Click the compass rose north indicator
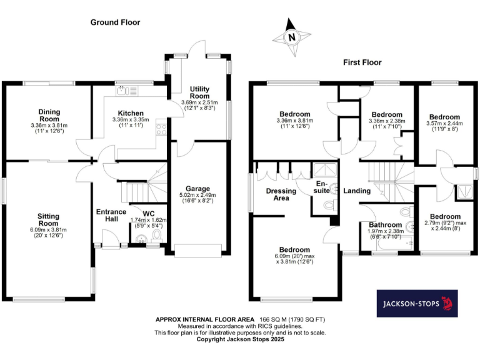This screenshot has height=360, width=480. pos(291,36)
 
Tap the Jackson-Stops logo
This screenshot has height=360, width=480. pos(416,304)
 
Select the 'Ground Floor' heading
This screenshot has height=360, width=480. pos(115,22)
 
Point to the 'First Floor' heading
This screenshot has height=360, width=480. pos(362,62)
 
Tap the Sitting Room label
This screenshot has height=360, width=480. pos(49,219)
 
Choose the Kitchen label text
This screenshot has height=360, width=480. pos(127,113)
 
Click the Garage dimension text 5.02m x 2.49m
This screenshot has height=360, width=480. pos(197,195)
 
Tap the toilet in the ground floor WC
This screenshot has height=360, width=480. pos(157,235)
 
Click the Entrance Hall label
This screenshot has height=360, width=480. pos(111,216)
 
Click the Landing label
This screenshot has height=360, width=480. pos(357,191)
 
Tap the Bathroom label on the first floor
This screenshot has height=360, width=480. pos(385,225)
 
